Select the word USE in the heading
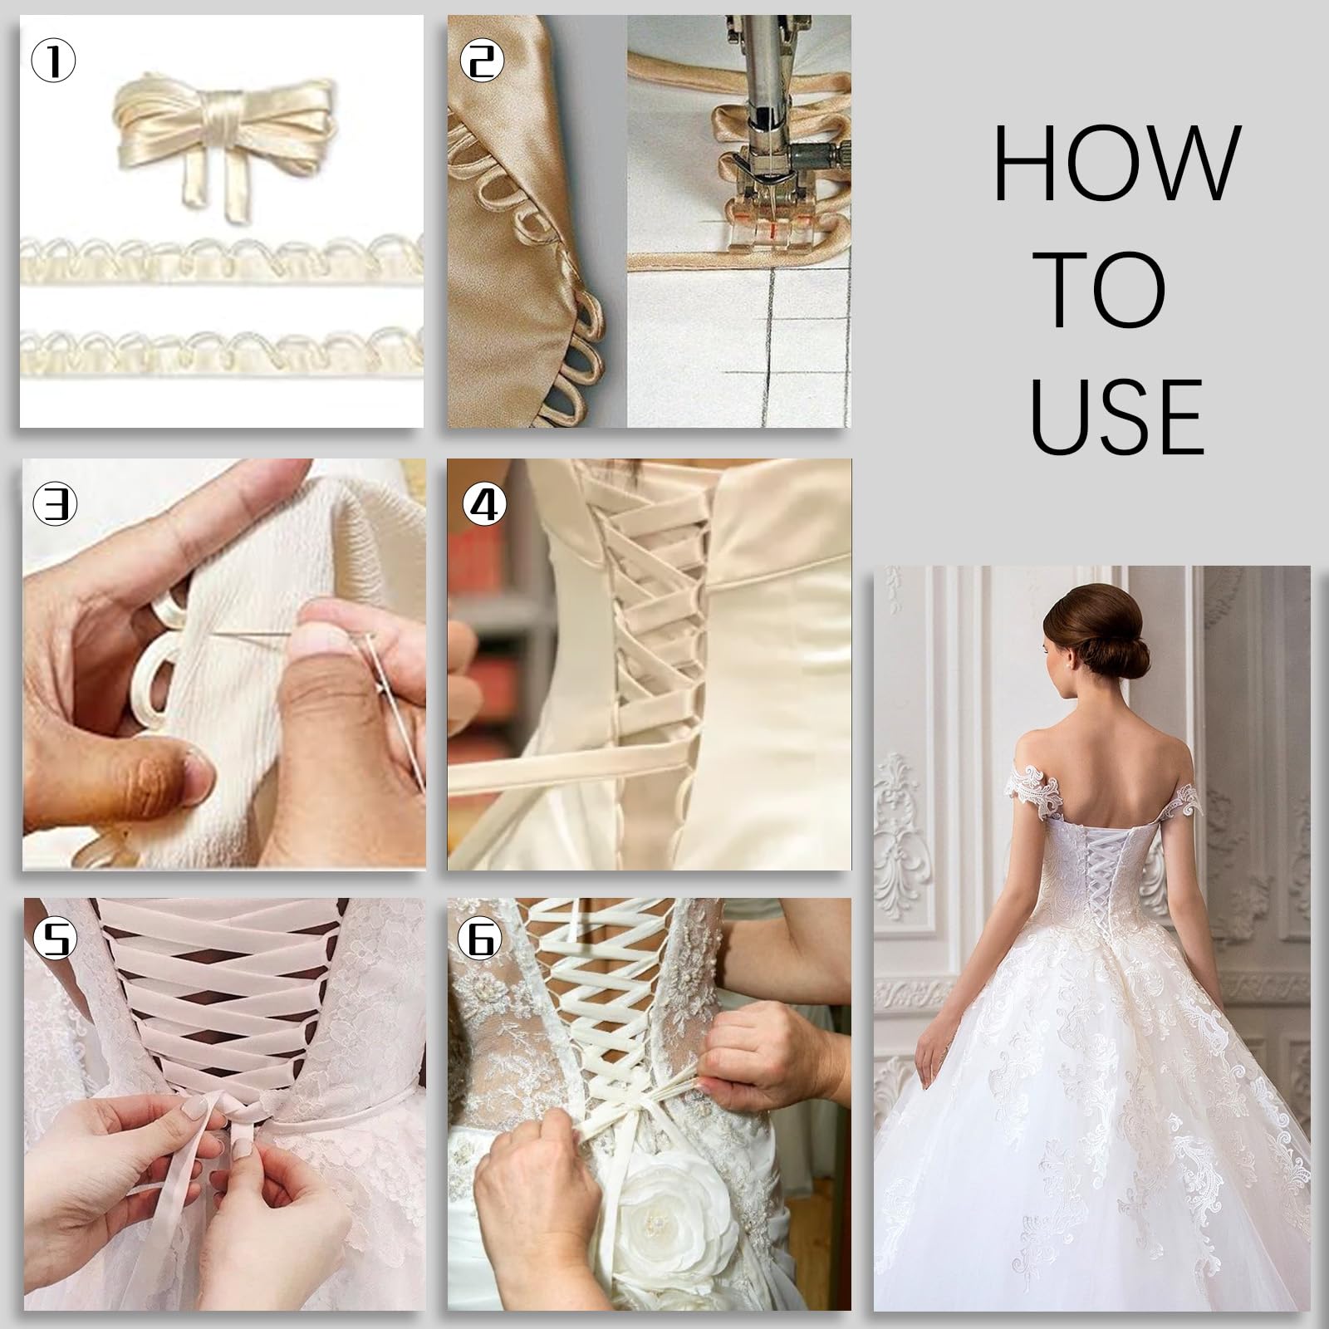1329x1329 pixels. click(x=1117, y=414)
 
